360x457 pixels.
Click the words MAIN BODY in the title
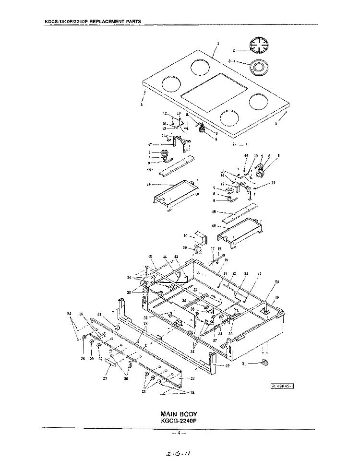tap(179, 413)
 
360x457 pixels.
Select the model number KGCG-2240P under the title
tap(179, 420)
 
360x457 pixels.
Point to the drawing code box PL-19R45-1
tap(282, 385)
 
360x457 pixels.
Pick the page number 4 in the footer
tap(179, 433)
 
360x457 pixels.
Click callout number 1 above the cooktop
tap(218, 43)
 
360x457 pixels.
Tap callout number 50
tap(185, 247)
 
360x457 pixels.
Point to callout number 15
tap(273, 183)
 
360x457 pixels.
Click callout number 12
tap(164, 114)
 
